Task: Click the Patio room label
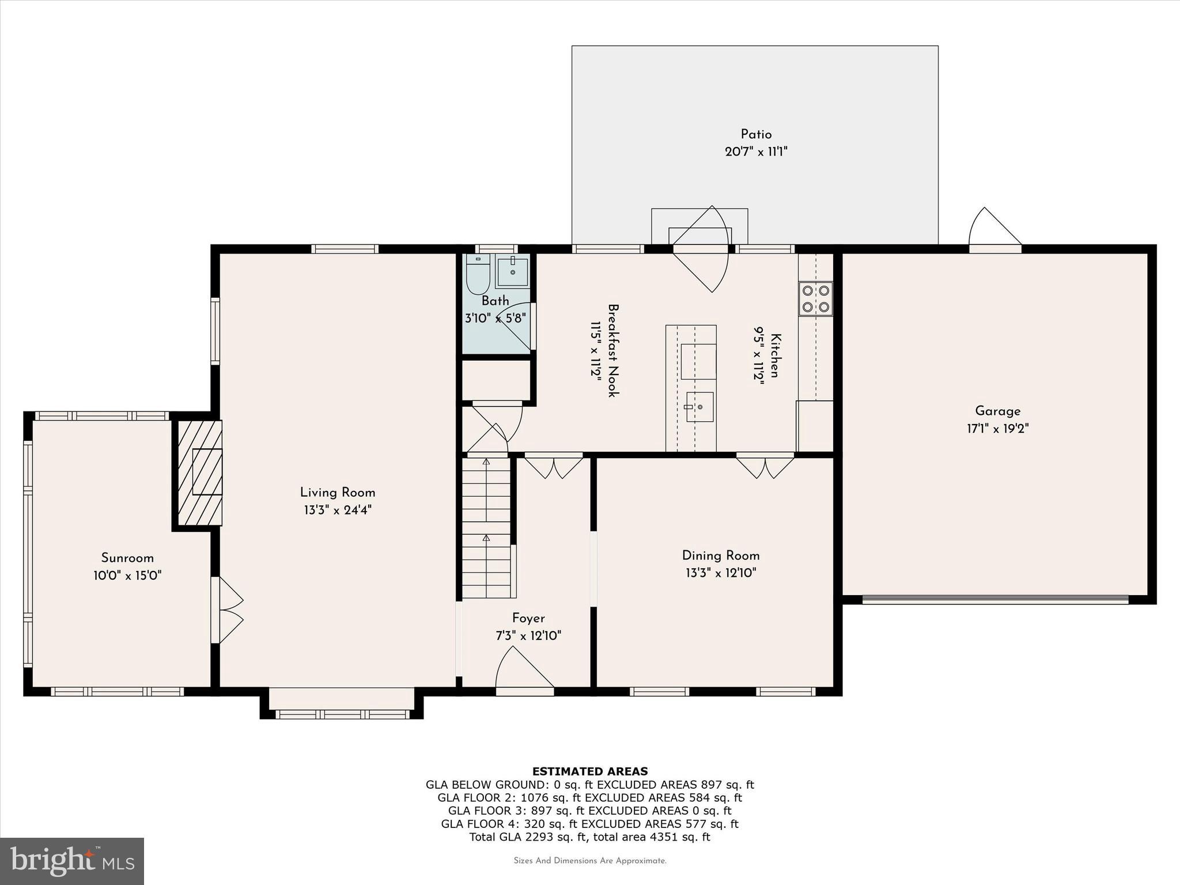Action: pos(756,134)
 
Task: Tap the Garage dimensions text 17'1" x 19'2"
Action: pos(997,429)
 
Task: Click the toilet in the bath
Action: pos(478,276)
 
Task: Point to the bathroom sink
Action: pos(512,271)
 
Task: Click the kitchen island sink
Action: pos(699,407)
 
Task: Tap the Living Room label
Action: pos(338,493)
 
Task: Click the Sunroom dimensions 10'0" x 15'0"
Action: pos(127,576)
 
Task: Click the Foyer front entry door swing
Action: pos(523,669)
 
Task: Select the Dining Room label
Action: pos(721,555)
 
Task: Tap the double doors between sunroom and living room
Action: pos(228,610)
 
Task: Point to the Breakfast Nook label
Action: pos(613,350)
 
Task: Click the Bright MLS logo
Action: pos(72,861)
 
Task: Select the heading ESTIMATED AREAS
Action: pos(589,771)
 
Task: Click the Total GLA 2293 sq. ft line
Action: pos(589,837)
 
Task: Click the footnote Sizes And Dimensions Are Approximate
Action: pos(589,861)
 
